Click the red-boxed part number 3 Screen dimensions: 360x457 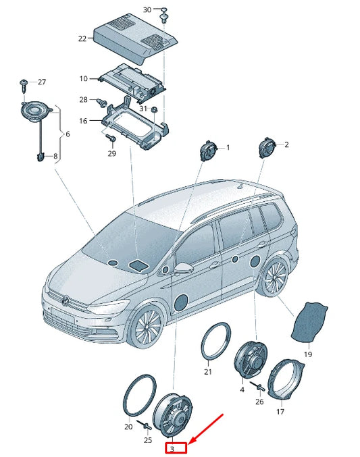coord(172,449)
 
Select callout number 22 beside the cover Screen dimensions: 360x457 coord(82,38)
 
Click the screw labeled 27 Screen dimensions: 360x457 coord(24,85)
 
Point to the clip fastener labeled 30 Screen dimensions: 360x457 coord(164,15)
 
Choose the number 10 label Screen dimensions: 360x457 coord(84,78)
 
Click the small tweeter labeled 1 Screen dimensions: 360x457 coord(207,151)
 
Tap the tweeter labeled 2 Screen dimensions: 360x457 coord(267,148)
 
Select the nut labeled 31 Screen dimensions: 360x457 coord(154,109)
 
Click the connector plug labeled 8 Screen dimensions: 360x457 coord(40,157)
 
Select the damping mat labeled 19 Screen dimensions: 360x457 coord(309,323)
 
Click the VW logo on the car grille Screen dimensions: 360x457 coord(66,300)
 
